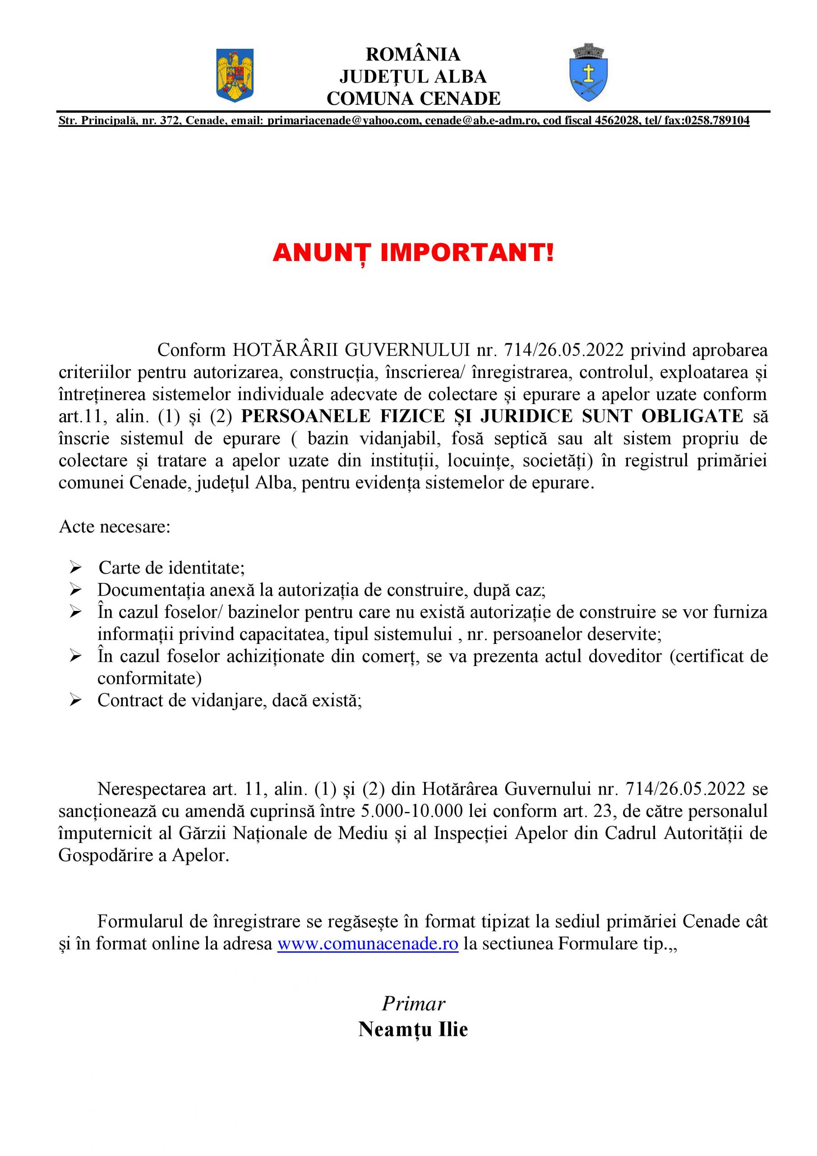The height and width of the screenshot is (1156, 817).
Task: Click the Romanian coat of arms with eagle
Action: click(x=235, y=75)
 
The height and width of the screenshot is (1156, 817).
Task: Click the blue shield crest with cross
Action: click(x=589, y=73)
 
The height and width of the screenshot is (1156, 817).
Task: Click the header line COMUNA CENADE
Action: click(x=413, y=99)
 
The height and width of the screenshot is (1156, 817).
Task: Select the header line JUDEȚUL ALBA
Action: click(x=413, y=76)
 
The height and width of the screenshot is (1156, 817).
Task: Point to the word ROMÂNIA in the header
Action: click(x=413, y=54)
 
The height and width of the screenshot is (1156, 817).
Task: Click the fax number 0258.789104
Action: click(x=716, y=121)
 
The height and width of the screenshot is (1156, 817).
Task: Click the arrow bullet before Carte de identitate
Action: click(x=76, y=569)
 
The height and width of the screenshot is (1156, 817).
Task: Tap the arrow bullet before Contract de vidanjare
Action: click(x=76, y=701)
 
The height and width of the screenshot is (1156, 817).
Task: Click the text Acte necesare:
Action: click(x=115, y=527)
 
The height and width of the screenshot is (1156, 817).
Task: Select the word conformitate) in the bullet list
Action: click(x=149, y=678)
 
